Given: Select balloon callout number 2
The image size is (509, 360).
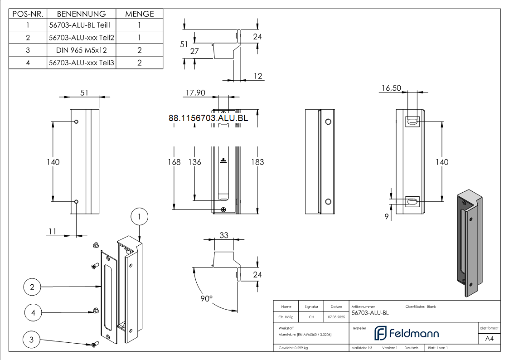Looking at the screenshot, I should pos(32,287).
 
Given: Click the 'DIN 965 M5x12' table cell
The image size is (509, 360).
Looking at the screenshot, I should pos(82,50).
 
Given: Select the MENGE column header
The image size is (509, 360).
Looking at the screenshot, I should pos(139,14).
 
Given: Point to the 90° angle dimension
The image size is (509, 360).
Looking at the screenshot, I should pos(207,299).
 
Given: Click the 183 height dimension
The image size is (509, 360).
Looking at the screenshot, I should pos(257,162).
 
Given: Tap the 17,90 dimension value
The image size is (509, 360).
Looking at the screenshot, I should pos(195,92).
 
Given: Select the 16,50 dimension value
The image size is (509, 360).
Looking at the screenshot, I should pos(391,88).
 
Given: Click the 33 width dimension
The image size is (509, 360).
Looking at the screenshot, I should pos(224,235).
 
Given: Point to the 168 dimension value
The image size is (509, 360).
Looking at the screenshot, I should pos(174,162).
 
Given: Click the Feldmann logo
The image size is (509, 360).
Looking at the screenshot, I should pos(406,334).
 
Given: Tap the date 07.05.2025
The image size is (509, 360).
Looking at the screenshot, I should pos(336,317).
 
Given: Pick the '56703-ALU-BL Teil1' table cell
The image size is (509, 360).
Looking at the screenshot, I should pos(82,26).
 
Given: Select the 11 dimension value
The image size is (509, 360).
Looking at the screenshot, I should pos(53,231).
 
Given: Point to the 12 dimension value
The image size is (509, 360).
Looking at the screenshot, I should pos(257,76).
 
